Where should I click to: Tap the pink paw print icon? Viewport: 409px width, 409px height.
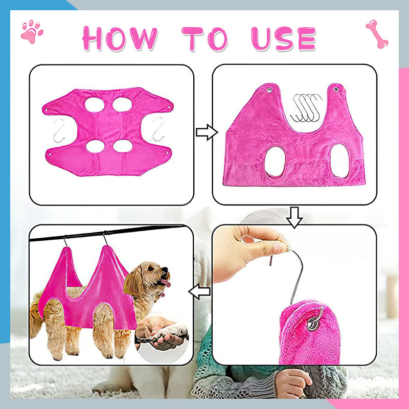(32, 31)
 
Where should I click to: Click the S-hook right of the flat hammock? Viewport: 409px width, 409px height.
(158, 130)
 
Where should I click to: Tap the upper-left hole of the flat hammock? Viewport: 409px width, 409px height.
(95, 105)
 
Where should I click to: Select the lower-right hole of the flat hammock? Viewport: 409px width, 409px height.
(123, 146)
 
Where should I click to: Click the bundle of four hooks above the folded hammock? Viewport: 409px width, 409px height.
(305, 108)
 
